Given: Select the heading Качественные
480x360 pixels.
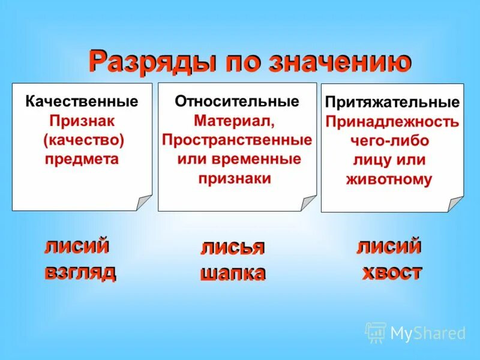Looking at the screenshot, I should [82, 101].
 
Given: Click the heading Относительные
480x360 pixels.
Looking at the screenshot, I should [237, 101].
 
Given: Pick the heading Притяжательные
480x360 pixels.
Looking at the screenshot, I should [392, 103].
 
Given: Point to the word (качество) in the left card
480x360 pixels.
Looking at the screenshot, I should [83, 140].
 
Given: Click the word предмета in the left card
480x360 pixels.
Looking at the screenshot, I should [82, 160].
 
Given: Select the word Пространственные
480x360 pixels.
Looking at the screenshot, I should [237, 140].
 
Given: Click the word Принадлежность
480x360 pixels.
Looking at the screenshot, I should [392, 122].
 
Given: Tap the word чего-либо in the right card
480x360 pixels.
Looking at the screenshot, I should [389, 142].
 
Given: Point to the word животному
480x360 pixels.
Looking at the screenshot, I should [389, 179].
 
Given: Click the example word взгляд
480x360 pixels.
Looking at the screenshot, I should [80, 272].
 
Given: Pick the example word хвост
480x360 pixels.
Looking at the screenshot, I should [391, 272].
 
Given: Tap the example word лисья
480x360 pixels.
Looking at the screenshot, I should [232, 248].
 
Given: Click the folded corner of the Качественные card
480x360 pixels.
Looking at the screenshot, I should [144, 203].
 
